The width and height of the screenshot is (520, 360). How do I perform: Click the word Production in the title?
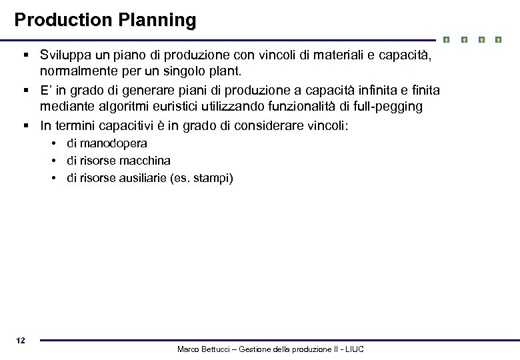click(x=64, y=20)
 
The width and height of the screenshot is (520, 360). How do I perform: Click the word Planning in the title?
click(x=157, y=20)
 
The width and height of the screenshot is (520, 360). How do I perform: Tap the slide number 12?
click(x=21, y=341)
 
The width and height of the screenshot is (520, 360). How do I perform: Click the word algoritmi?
click(x=113, y=106)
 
